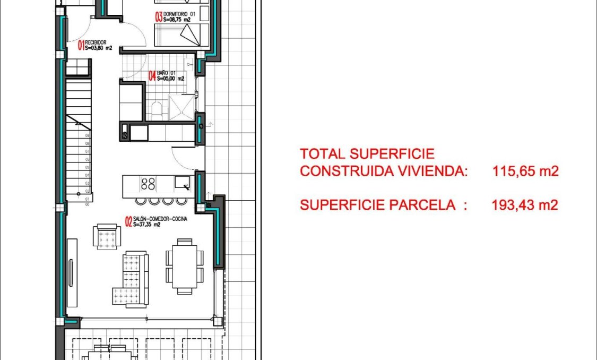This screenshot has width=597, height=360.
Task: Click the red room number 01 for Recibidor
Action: tap(82, 45)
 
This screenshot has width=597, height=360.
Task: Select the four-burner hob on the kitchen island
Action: tap(148, 184)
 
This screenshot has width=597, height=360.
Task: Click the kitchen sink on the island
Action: tap(183, 184)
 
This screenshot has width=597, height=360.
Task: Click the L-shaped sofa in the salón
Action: tap(130, 279)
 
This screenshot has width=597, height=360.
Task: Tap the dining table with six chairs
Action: tap(184, 267)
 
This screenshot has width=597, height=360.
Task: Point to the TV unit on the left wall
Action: tap(72, 272)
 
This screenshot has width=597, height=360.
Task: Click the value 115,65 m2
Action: tap(525, 172)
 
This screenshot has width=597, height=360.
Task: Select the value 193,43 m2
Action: tap(525, 205)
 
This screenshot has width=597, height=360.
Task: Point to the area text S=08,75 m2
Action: tap(177, 19)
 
